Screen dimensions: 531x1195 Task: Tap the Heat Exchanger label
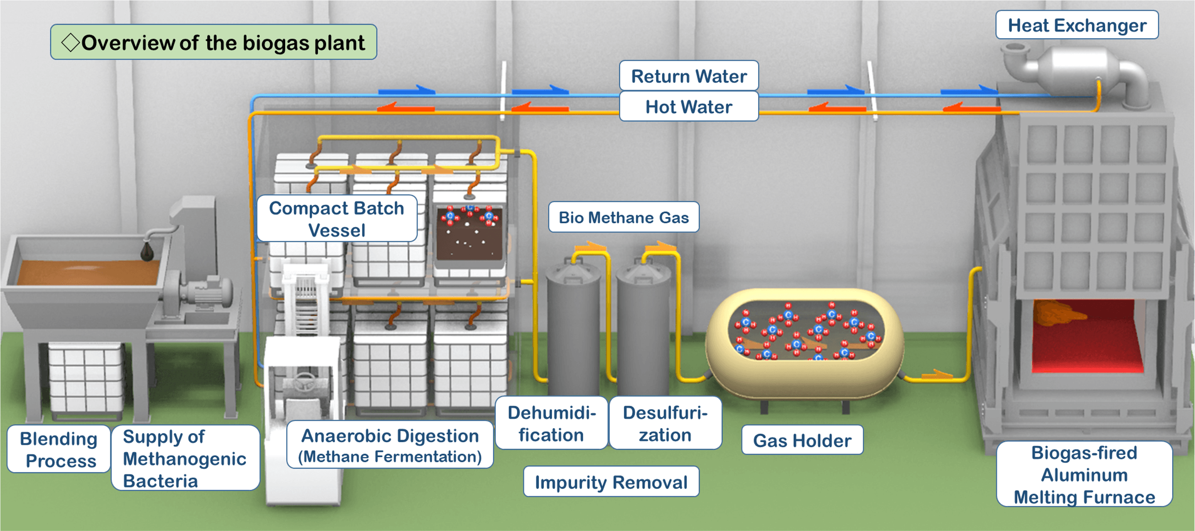[x=1077, y=25]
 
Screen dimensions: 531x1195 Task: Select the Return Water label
[x=689, y=76]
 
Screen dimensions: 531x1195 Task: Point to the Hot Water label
[x=689, y=106]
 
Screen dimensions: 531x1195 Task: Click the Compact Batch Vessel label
[x=337, y=219]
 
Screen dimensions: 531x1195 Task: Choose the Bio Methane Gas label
[x=623, y=217]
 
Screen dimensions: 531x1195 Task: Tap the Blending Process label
[x=59, y=449]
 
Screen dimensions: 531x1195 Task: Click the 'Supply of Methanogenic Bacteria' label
[x=185, y=458]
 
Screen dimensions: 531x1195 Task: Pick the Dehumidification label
[x=551, y=423]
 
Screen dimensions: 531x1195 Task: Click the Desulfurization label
[x=665, y=423]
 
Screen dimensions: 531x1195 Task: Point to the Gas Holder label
[x=802, y=440]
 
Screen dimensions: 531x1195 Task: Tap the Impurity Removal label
[x=611, y=482]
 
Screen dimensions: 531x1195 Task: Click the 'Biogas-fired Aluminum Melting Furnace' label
[x=1084, y=474]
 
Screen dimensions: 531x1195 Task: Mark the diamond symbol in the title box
[x=70, y=43]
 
